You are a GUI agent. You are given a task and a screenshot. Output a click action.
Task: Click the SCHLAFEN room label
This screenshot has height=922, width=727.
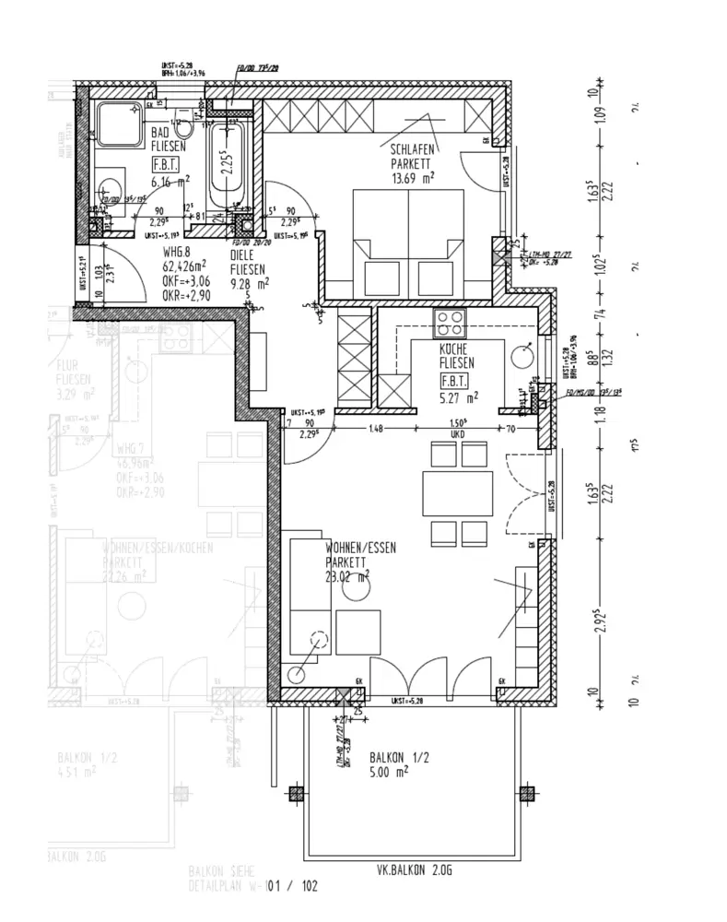coord(413,148)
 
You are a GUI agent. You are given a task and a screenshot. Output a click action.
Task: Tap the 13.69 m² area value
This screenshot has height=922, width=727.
coord(412,178)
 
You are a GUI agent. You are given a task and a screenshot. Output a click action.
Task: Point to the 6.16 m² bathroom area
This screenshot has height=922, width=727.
coord(170,183)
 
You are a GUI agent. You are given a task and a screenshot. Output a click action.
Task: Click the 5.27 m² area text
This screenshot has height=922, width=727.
coord(460,398)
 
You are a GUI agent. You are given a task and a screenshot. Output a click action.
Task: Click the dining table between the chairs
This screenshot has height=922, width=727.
coord(459,493)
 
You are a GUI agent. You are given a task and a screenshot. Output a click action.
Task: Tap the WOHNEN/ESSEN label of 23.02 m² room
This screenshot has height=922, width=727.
coord(360,548)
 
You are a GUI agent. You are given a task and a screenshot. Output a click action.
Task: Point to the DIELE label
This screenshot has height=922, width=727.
coord(243,255)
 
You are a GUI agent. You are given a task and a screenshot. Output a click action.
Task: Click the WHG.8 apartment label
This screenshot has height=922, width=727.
coord(176,251)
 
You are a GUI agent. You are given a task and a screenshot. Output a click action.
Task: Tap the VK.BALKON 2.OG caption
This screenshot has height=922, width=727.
coord(414,869)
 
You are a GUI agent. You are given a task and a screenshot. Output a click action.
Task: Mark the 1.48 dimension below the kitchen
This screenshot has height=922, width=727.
coord(374,428)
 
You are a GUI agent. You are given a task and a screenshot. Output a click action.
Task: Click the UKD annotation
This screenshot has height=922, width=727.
coord(456,434)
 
